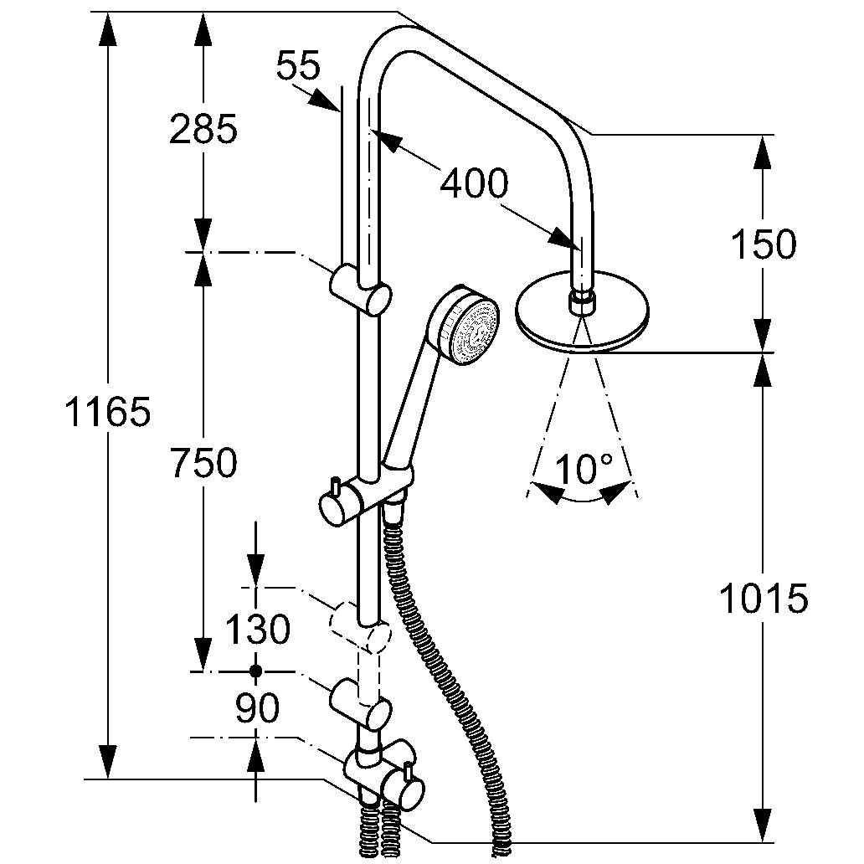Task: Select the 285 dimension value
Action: [203, 130]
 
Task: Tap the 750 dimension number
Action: [203, 463]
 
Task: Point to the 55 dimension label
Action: [299, 66]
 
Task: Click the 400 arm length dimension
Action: [474, 183]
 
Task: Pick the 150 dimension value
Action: [762, 245]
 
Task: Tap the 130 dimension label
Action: [256, 629]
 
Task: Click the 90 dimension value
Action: [256, 710]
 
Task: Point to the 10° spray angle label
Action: [584, 470]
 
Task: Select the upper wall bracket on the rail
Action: [361, 288]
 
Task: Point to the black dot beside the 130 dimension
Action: [256, 671]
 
